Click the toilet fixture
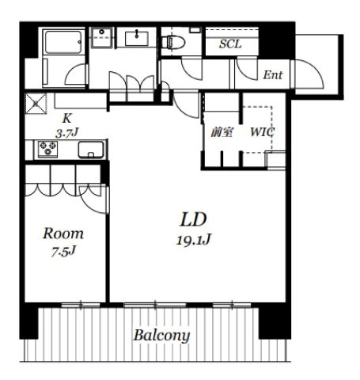173,42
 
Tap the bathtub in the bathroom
63,42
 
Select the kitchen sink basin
91,150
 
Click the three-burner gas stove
47,149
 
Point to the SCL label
230,44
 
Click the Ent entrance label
273,75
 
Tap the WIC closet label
262,132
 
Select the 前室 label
222,132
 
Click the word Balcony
161,336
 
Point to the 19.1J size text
194,240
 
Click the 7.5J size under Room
63,251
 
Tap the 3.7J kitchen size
67,132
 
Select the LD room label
193,219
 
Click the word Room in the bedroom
63,234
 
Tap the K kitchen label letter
66,119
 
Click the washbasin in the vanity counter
136,39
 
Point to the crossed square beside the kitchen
36,104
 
